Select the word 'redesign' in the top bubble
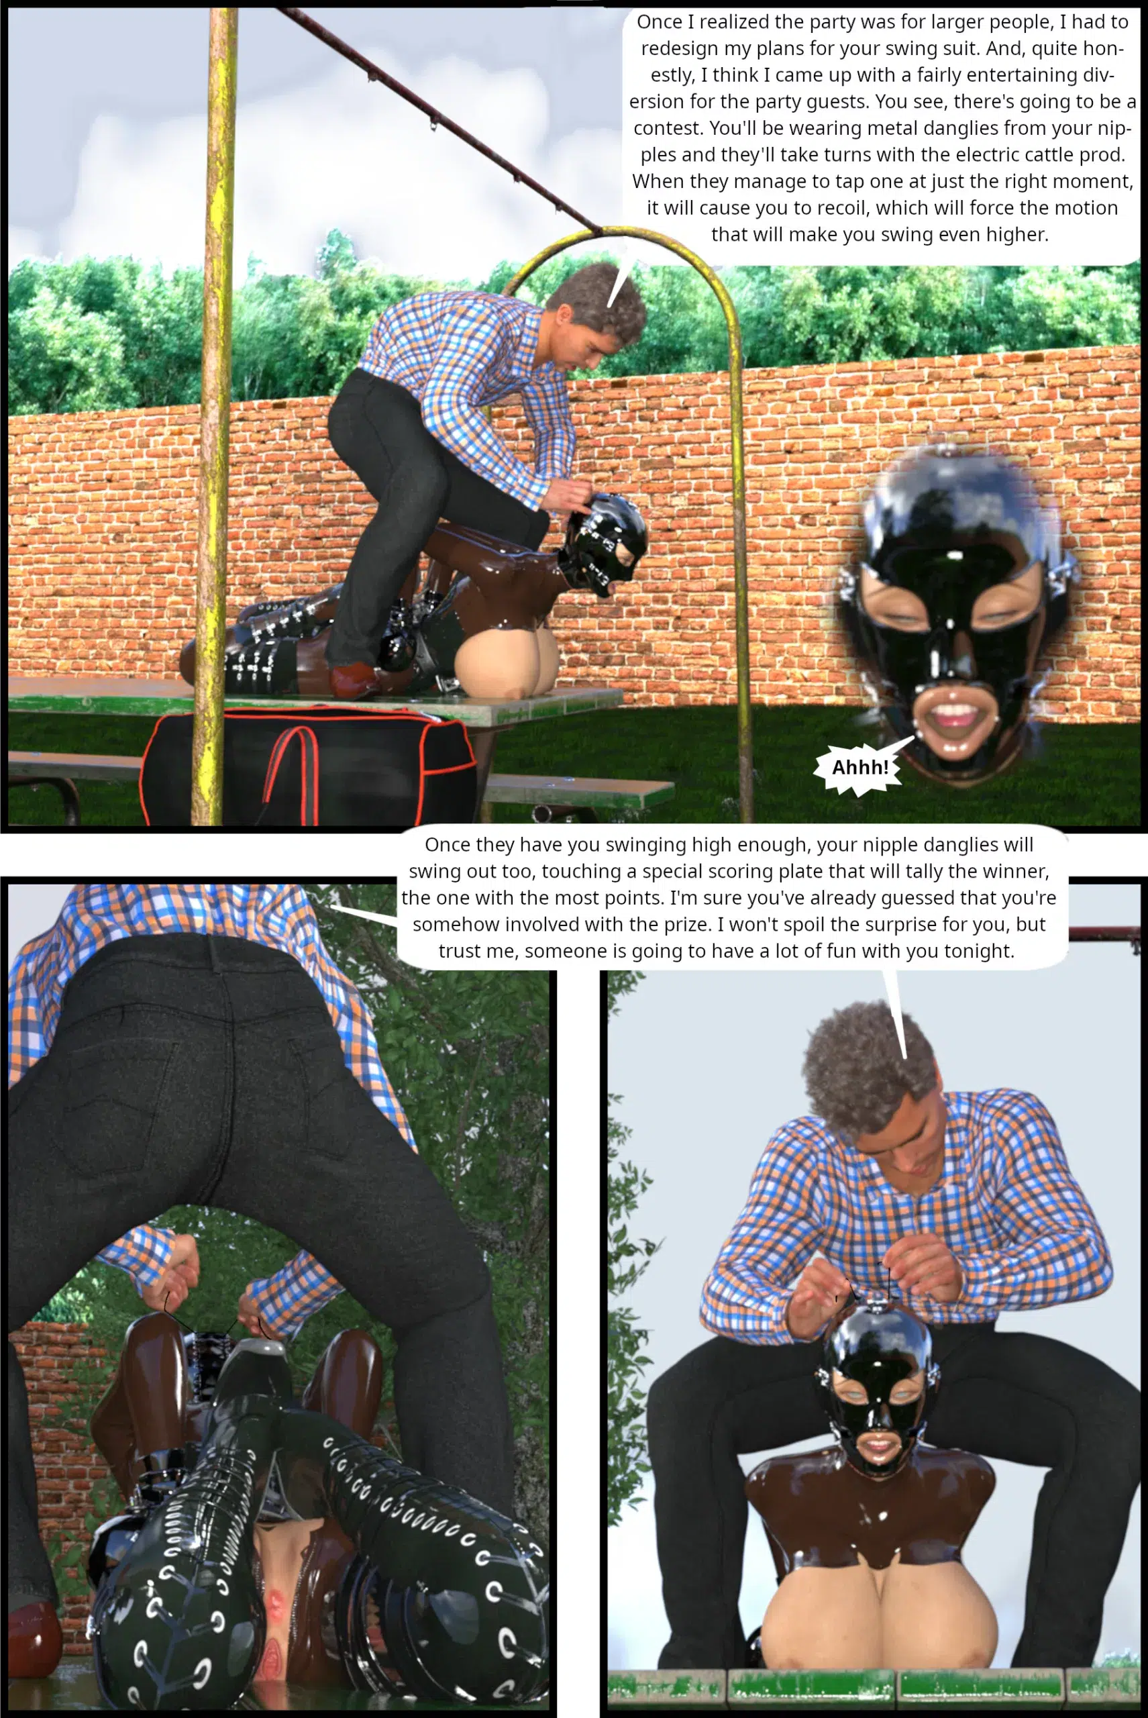[675, 48]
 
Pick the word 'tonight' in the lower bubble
[980, 950]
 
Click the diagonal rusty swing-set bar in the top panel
[439, 121]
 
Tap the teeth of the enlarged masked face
[953, 711]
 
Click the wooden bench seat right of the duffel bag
[578, 792]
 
